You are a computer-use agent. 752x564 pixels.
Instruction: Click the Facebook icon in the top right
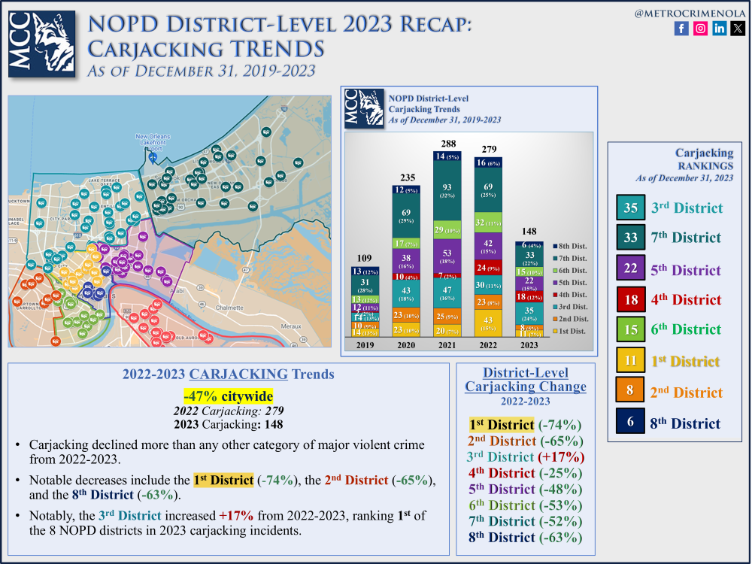click(681, 29)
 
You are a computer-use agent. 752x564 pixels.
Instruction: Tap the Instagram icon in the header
click(700, 29)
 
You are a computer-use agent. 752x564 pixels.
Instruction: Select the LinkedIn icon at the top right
click(720, 29)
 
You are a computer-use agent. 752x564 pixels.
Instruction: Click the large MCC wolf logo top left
click(42, 44)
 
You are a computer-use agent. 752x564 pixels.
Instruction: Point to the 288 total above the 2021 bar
click(448, 144)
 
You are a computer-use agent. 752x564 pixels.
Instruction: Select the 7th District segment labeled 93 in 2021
click(448, 192)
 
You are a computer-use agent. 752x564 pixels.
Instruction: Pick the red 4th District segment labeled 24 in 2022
click(485, 267)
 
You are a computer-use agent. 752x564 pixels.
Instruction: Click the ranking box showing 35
click(630, 208)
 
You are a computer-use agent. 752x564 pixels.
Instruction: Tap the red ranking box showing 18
click(630, 299)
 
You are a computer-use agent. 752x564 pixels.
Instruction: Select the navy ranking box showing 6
click(630, 423)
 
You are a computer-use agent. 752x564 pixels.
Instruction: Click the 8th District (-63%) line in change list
click(524, 537)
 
